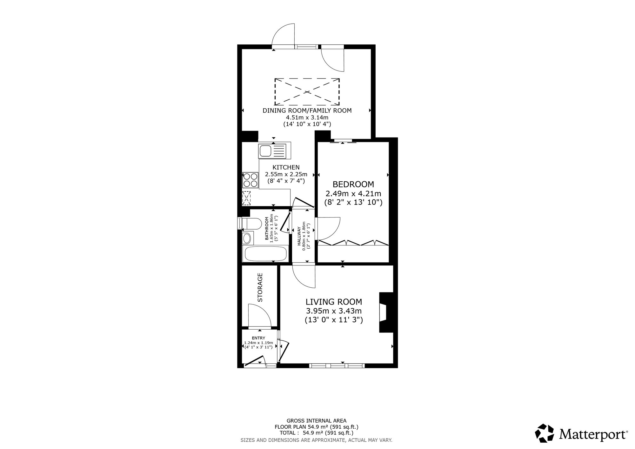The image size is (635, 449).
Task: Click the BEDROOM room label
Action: [353, 184]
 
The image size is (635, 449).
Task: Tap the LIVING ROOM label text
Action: [334, 302]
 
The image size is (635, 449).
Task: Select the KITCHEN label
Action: [286, 167]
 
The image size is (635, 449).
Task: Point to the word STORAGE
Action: [260, 287]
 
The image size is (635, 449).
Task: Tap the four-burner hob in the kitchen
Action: [250, 180]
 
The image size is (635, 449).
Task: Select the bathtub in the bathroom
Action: [265, 254]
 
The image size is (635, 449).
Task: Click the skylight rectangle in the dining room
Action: [307, 92]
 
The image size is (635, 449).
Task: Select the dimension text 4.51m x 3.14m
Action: [307, 117]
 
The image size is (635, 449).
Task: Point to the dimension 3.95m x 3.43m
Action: [334, 311]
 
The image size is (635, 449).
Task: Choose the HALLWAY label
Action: [299, 236]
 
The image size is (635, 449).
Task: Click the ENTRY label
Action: [258, 338]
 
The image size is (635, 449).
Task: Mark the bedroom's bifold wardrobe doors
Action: [353, 243]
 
